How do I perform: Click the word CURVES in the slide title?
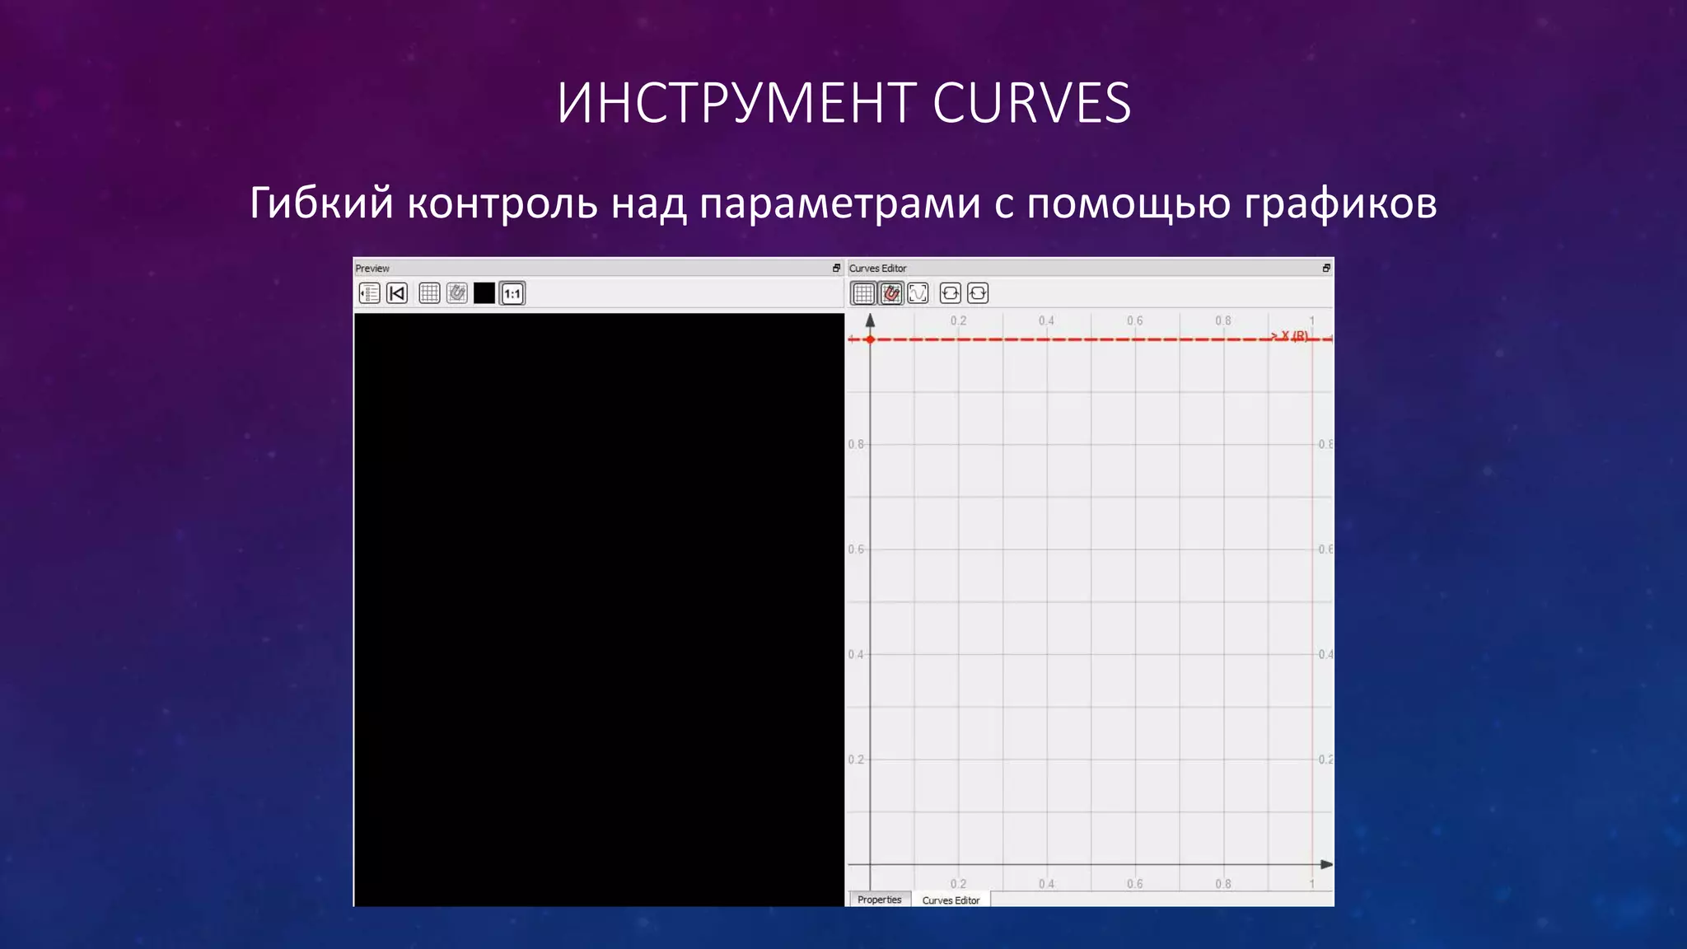tap(1031, 104)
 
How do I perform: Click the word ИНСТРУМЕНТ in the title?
tap(736, 104)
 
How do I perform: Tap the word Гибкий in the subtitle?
tap(321, 203)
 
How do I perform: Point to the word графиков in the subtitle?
tap(1340, 204)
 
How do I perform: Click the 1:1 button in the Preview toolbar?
tap(512, 293)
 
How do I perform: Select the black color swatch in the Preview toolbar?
tap(484, 293)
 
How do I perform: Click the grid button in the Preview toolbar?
tap(429, 293)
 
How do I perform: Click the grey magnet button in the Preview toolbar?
tap(456, 293)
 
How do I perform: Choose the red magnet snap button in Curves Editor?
tap(890, 293)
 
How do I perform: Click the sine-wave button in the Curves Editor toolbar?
tap(918, 293)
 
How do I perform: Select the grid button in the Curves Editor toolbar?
tap(862, 293)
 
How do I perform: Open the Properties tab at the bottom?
tap(879, 900)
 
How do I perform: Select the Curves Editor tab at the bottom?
tap(951, 900)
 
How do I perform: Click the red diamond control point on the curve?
tap(870, 339)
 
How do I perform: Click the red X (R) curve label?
tap(1290, 335)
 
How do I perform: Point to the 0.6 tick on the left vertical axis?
tap(856, 549)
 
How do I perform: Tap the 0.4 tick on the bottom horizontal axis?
tap(1046, 884)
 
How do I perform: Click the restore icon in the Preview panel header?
tap(836, 268)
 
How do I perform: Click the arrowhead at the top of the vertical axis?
tap(870, 320)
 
